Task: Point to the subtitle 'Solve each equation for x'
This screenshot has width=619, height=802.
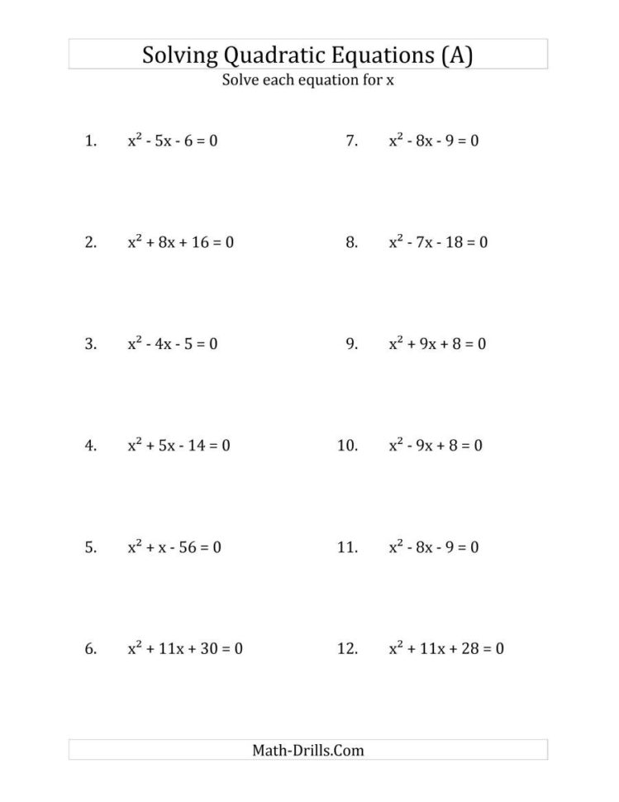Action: point(308,80)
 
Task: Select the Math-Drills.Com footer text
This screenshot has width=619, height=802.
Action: point(307,751)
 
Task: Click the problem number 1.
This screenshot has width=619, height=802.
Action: point(90,141)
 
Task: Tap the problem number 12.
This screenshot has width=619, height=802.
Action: point(347,650)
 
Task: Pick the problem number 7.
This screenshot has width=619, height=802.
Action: point(351,141)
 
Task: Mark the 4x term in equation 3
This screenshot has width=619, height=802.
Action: point(168,344)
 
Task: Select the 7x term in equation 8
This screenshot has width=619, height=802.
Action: point(430,243)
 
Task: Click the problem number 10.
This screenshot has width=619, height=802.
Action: point(347,446)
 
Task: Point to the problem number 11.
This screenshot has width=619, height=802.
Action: point(347,547)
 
